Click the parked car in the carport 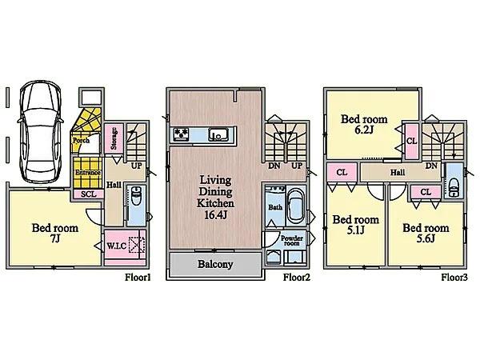41,132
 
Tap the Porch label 81,141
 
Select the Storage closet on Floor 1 114,138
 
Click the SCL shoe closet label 89,194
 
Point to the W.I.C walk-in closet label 117,246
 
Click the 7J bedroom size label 54,238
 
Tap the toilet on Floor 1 136,196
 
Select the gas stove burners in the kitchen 181,134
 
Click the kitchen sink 218,134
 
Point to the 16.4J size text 215,215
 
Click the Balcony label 215,264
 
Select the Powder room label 292,240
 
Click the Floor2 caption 297,278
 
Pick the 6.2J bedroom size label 364,130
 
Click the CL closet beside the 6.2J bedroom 412,141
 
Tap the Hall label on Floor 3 398,173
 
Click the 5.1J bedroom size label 355,230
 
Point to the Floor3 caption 454,278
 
